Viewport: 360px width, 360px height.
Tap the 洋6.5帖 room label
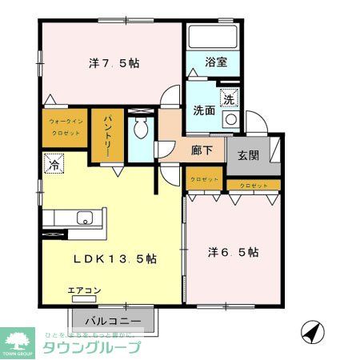point(233,252)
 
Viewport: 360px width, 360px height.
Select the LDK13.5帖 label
point(114,259)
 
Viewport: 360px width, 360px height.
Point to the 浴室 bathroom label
point(216,61)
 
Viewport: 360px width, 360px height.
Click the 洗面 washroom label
point(203,111)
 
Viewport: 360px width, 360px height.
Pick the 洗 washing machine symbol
point(229,101)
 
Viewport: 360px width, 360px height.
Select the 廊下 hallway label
point(202,149)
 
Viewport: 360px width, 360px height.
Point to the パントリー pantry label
point(105,137)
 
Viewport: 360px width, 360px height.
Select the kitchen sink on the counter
point(85,218)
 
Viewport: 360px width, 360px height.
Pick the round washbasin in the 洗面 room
point(230,119)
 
